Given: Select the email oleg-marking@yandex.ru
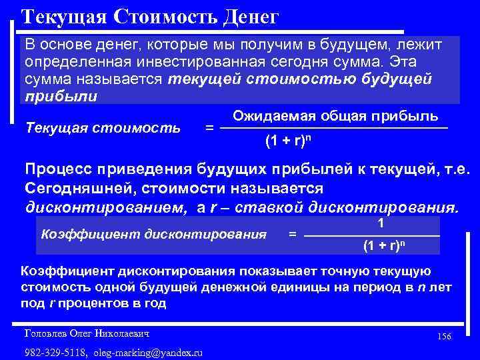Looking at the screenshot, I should pyautogui.click(x=148, y=352).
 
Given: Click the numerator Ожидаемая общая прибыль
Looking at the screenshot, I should pyautogui.click(x=335, y=115).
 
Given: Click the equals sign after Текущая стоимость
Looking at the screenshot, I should pyautogui.click(x=209, y=126).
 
